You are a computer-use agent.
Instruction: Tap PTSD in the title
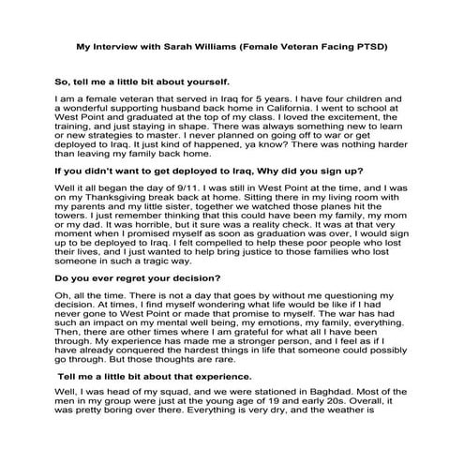pyautogui.click(x=371, y=45)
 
